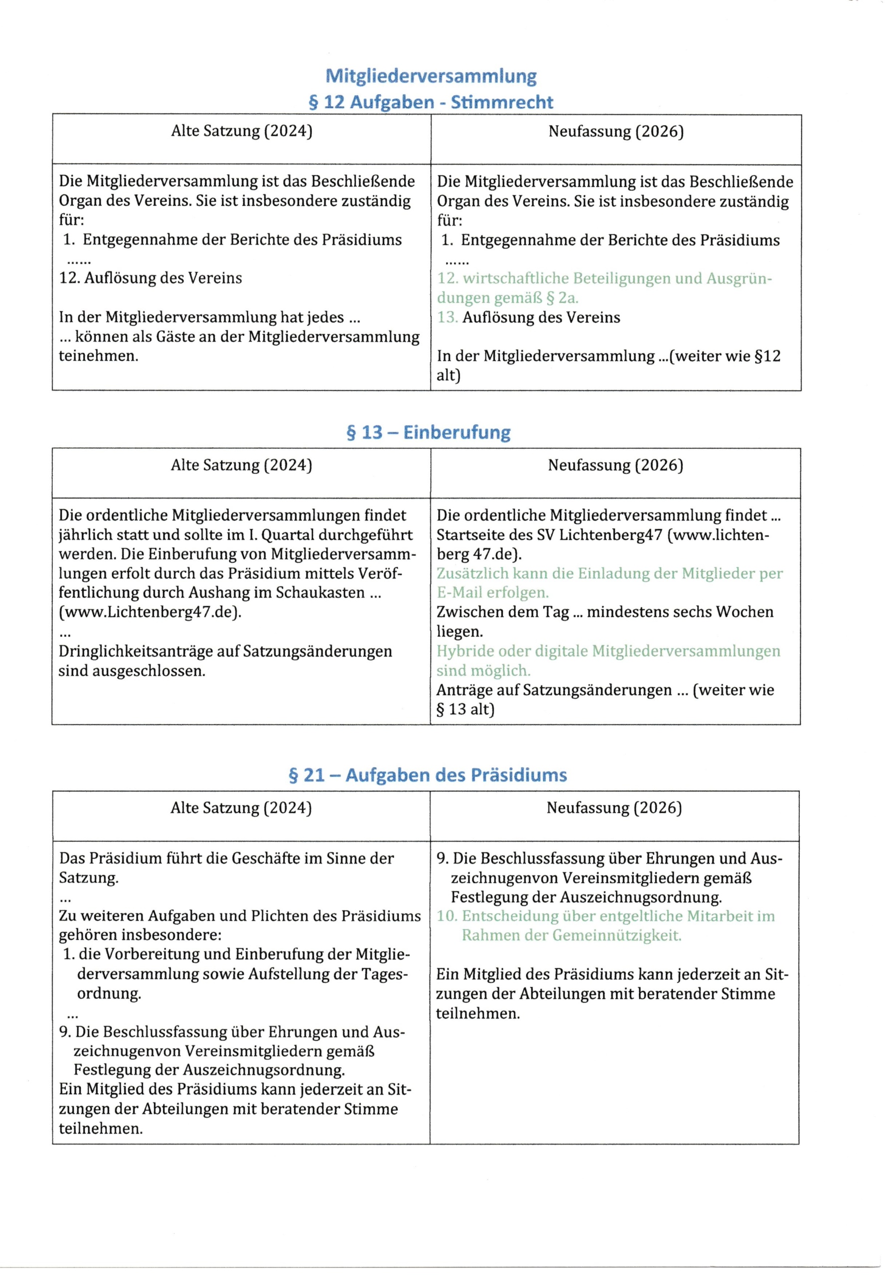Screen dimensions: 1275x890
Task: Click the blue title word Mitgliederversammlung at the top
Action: (431, 76)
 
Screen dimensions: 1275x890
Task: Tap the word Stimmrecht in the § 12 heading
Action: (502, 102)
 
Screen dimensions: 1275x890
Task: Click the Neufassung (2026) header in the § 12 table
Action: (615, 131)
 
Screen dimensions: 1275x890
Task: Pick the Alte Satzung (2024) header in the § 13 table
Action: (241, 465)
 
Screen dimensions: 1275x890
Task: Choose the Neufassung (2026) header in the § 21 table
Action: (614, 807)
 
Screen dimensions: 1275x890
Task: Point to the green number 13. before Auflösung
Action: (447, 318)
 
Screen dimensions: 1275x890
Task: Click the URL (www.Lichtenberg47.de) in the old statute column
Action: (150, 612)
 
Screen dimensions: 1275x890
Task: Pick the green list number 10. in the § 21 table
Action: (446, 916)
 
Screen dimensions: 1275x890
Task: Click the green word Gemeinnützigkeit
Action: (616, 935)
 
